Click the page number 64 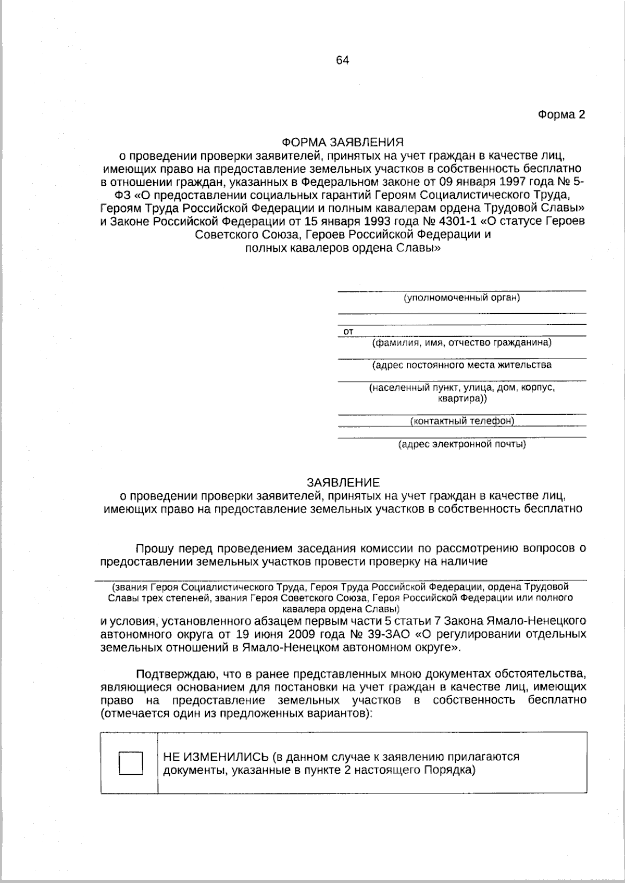(x=342, y=60)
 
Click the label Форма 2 (x=561, y=115)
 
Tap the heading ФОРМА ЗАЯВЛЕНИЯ (x=342, y=142)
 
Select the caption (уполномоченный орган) (x=461, y=298)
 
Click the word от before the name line (x=348, y=331)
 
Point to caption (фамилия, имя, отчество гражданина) (x=461, y=343)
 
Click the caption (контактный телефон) (x=462, y=420)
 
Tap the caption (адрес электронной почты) (x=461, y=444)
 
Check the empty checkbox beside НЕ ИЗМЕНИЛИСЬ (x=131, y=763)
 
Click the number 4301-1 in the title (x=458, y=221)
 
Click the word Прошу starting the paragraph (x=155, y=548)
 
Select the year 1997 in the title (x=523, y=182)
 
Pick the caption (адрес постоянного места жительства (x=461, y=365)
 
